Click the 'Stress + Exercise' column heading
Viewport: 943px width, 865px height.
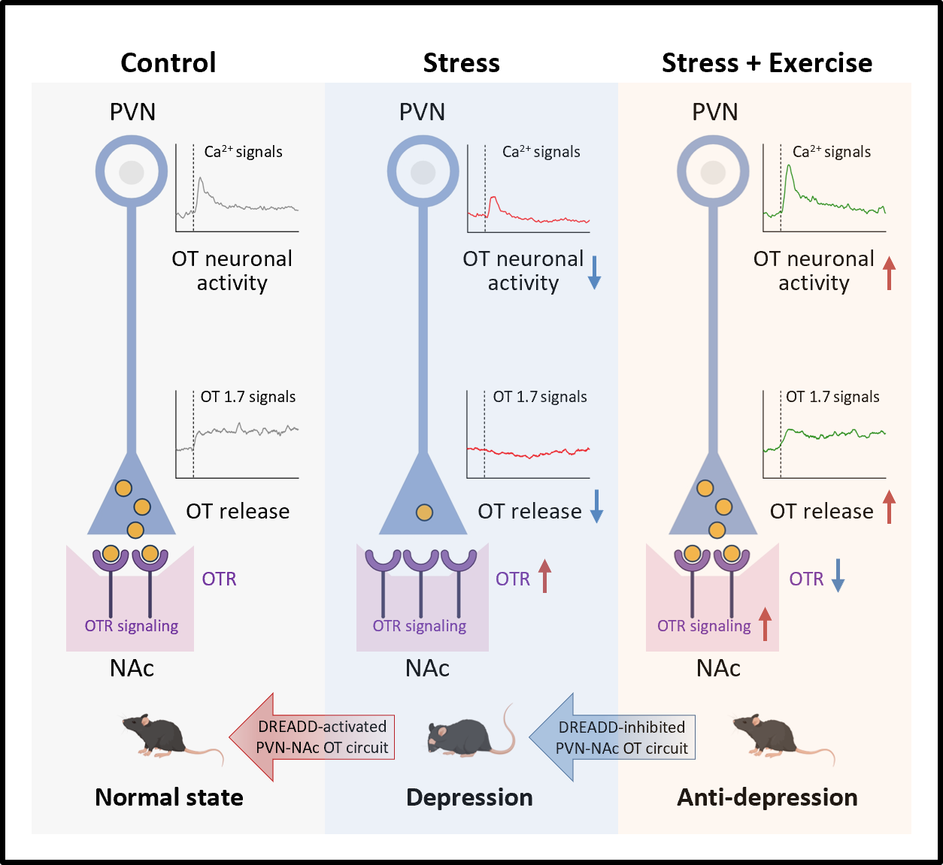tap(766, 63)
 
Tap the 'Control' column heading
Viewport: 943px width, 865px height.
tap(168, 63)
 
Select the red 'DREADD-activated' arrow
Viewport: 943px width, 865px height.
tap(311, 737)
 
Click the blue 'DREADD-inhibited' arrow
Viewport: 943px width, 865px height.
tap(612, 737)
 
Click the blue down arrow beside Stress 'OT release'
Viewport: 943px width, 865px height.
tap(596, 506)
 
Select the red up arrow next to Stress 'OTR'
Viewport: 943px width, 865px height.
tap(544, 576)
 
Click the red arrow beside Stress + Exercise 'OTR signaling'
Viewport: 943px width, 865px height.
tap(765, 625)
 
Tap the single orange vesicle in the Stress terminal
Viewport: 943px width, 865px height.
tap(424, 513)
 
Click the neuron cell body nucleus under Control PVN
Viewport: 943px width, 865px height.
tap(132, 172)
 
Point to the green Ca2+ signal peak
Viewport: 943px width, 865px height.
tap(788, 168)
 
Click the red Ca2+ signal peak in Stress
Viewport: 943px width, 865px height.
tap(493, 199)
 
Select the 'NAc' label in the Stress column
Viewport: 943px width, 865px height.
tap(427, 668)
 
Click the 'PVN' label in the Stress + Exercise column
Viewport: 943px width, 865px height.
tap(714, 112)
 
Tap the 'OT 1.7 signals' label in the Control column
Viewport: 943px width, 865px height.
tap(247, 397)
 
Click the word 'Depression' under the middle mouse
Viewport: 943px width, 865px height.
tap(469, 797)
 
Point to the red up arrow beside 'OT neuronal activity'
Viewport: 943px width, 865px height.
tap(890, 273)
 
